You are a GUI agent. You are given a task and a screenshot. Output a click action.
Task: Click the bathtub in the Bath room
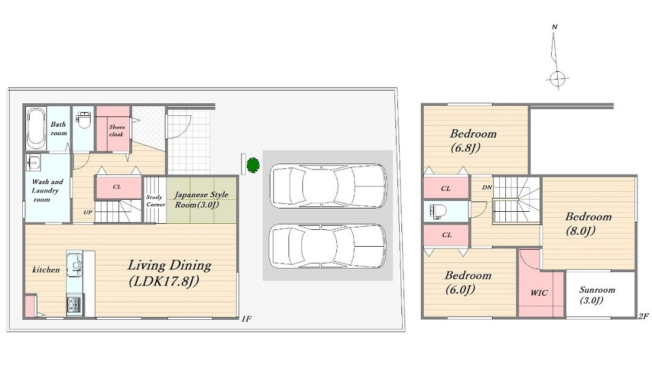tap(36, 128)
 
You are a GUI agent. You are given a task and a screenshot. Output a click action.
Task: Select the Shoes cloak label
tap(117, 130)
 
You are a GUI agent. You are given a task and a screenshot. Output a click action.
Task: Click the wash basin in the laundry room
tap(33, 162)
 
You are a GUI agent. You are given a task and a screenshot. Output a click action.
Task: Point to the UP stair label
tap(88, 212)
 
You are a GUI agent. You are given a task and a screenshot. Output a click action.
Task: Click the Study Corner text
tap(155, 201)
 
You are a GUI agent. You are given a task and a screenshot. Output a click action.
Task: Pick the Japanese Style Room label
tap(201, 200)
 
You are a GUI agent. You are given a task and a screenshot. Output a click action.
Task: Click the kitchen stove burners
tap(74, 305)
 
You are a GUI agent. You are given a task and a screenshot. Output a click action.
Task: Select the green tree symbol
tap(253, 165)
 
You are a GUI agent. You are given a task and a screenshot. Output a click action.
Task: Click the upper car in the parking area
tap(328, 186)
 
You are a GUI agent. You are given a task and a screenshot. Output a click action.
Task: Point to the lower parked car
tap(328, 246)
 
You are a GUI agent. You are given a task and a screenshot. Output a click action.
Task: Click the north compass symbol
tap(556, 57)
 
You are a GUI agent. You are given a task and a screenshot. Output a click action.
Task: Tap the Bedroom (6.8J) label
tap(473, 140)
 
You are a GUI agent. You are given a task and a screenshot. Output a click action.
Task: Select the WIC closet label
tap(539, 293)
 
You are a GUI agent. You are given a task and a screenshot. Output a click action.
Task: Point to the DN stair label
tap(487, 188)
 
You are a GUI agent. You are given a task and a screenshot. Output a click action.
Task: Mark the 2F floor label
tap(643, 316)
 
